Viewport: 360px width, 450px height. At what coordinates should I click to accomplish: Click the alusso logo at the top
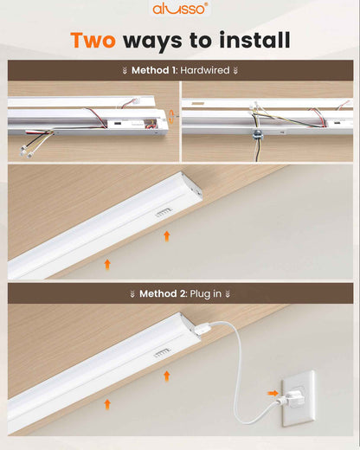(180, 9)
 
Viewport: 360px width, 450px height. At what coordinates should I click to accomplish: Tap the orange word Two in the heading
(93, 40)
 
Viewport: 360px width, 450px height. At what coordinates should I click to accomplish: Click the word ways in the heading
(152, 42)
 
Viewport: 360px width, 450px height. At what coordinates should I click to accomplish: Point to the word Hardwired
(205, 70)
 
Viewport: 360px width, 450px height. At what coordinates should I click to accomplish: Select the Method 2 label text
(162, 293)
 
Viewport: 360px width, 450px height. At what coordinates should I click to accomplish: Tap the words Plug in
(206, 294)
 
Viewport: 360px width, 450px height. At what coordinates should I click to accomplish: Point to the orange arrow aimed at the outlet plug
(273, 393)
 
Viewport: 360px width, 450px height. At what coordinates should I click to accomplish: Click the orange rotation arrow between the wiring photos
(171, 117)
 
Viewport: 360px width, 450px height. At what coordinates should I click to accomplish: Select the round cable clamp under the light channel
(257, 135)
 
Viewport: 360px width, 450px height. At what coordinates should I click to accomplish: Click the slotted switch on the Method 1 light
(164, 212)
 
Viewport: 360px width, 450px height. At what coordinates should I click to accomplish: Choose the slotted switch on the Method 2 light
(163, 352)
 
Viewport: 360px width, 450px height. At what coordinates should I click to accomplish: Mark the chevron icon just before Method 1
(125, 70)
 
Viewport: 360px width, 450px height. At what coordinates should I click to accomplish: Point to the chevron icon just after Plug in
(228, 294)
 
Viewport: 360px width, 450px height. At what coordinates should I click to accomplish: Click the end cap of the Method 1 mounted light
(192, 188)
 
